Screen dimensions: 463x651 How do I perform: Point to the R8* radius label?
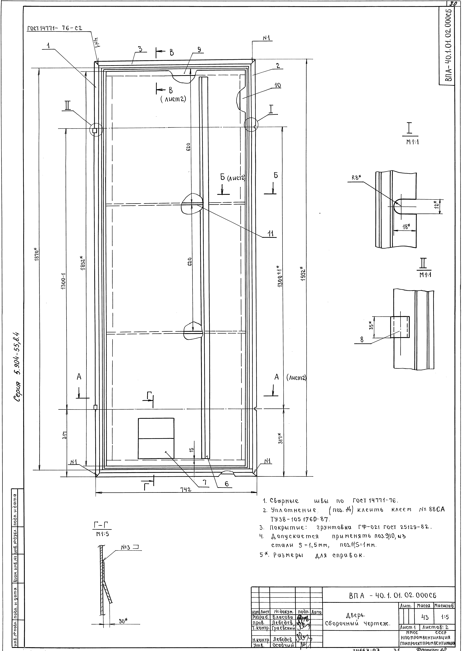click(356, 177)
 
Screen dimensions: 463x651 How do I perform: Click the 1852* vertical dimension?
click(83, 264)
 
